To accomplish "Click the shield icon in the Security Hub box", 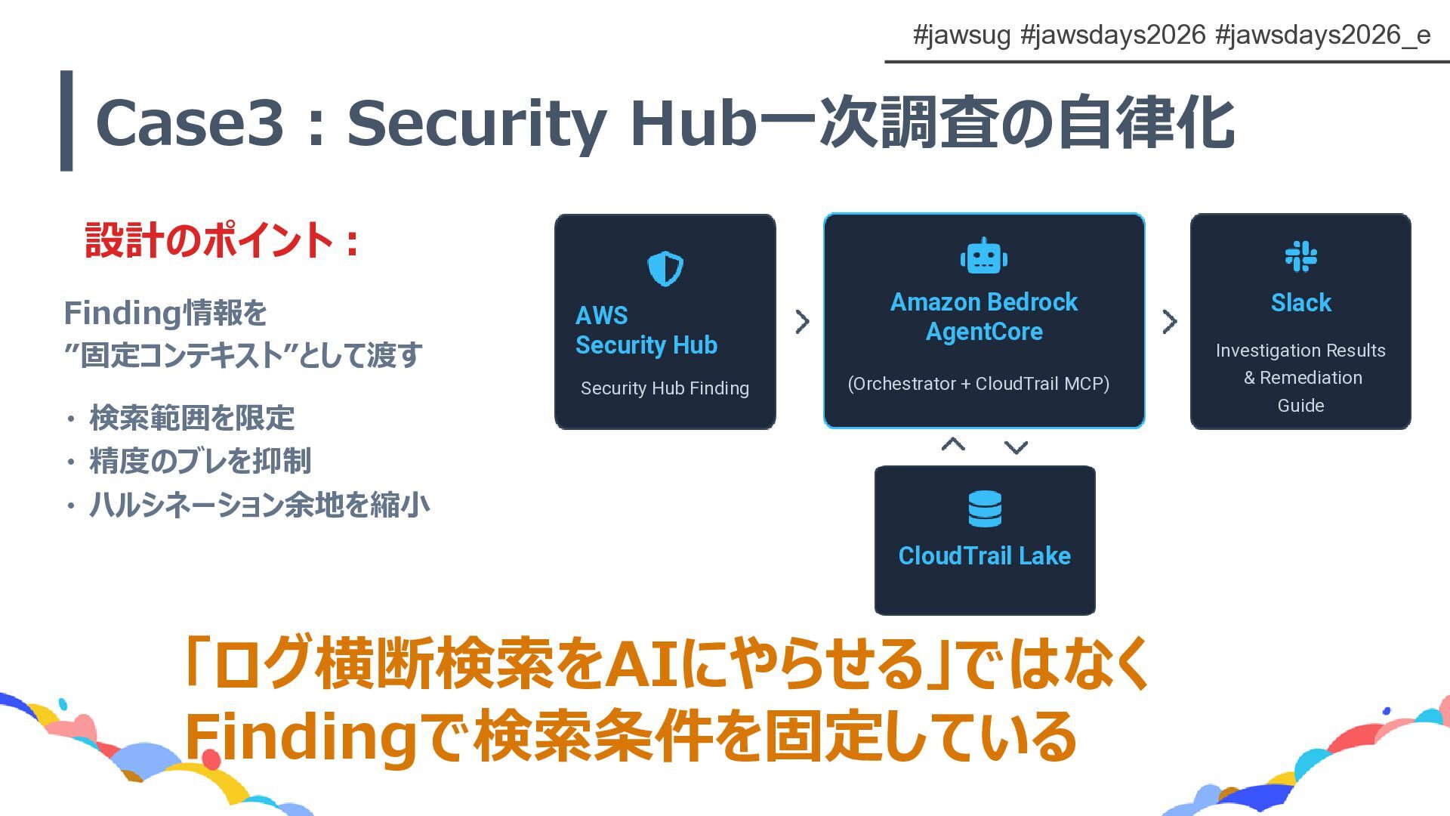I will pos(665,268).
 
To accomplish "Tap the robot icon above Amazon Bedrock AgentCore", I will pos(983,256).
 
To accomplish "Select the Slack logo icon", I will pos(1300,257).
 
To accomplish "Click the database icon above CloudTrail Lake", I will pos(984,508).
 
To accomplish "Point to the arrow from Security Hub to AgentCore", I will pos(802,322).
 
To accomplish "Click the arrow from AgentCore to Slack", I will pos(1169,322).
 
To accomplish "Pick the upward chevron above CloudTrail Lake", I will pos(953,444).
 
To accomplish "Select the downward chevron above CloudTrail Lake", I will pos(1016,447).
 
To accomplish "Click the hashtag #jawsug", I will pos(961,35).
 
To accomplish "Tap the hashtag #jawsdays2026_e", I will pos(1322,35).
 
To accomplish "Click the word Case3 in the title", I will pos(190,122).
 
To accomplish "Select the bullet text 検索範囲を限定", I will pos(192,418).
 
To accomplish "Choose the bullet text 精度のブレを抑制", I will pos(200,461).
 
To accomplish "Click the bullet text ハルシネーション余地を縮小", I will pos(259,505).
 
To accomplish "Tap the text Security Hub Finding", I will pos(665,388).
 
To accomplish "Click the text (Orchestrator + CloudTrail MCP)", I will pos(978,384).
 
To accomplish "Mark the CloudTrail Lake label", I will pos(984,556).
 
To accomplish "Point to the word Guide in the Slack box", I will pos(1300,406).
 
